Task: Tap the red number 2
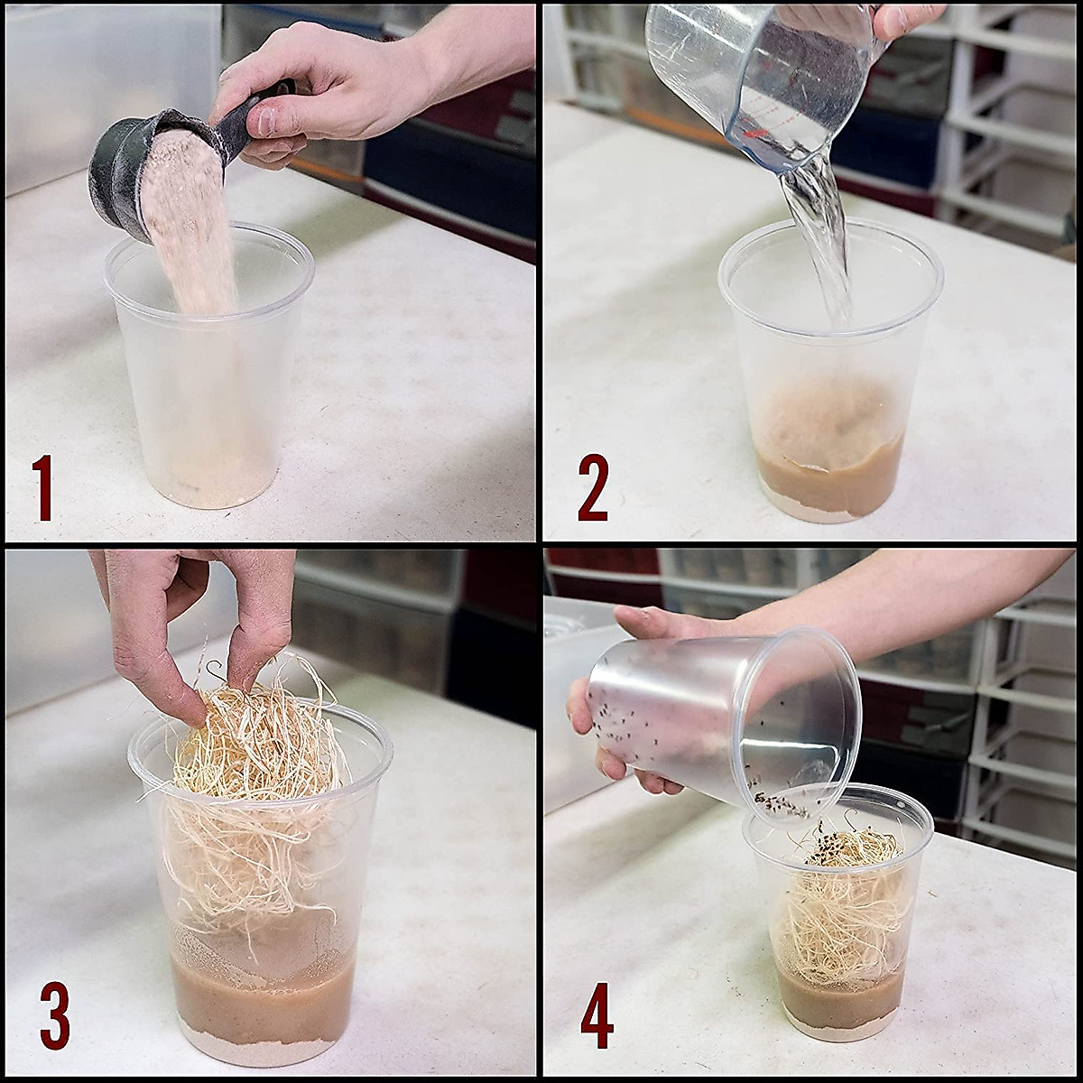pyautogui.click(x=593, y=487)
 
